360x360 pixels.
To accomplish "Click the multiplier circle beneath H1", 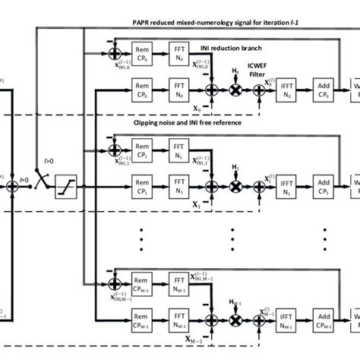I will tap(235, 187).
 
